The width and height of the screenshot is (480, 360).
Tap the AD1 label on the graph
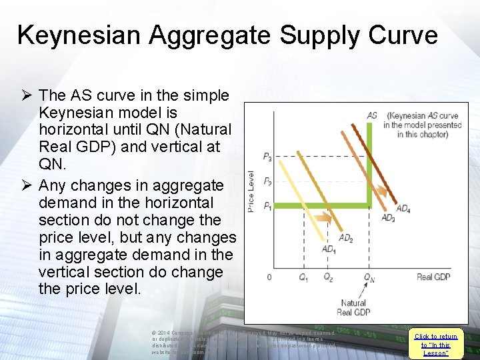(329, 249)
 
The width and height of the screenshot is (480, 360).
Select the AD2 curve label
(346, 237)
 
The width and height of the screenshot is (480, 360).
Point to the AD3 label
(388, 218)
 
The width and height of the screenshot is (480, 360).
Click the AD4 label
(403, 209)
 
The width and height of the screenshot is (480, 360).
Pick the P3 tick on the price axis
(267, 157)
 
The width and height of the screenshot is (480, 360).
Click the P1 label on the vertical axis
(267, 205)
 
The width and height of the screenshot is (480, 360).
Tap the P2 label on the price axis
(267, 181)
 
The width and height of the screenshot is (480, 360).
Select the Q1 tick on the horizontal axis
(304, 277)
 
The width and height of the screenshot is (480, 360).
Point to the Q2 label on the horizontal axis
(328, 277)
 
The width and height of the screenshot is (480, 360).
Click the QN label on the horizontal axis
(369, 278)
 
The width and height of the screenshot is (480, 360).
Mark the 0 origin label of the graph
(269, 277)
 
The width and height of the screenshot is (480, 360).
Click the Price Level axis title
(251, 192)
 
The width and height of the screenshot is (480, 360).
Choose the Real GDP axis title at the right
(433, 277)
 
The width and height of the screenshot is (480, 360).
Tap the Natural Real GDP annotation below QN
(353, 307)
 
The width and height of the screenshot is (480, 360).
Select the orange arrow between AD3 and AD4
(381, 191)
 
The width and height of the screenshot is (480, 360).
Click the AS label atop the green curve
(372, 115)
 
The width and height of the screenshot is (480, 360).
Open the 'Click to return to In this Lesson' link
(435, 345)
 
